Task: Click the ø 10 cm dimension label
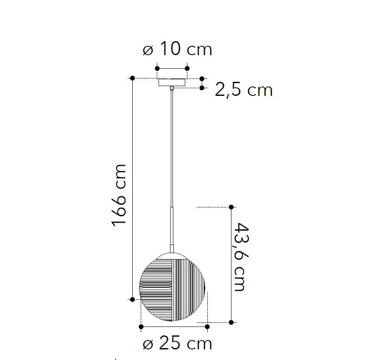click(x=177, y=49)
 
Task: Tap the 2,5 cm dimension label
click(x=244, y=89)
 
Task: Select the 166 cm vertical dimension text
click(x=119, y=195)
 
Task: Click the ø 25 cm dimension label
click(x=177, y=343)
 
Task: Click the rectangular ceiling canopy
click(x=172, y=82)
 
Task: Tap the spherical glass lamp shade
click(x=172, y=287)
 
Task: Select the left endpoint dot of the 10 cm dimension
click(x=157, y=68)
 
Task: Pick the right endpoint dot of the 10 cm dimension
click(x=187, y=68)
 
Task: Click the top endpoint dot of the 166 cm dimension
click(x=132, y=78)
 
